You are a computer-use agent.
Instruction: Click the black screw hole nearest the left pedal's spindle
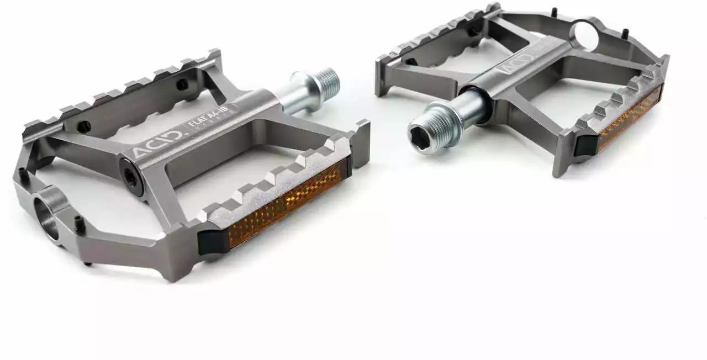pyautogui.click(x=181, y=84)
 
